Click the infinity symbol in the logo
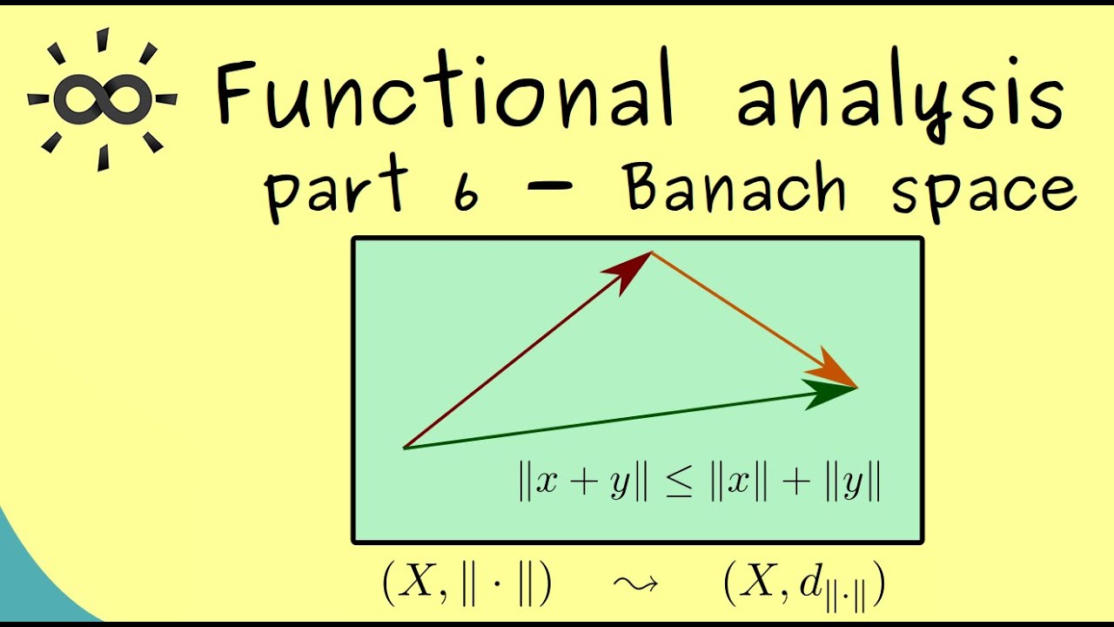pyautogui.click(x=103, y=98)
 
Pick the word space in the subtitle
pyautogui.click(x=983, y=193)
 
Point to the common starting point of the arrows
pyautogui.click(x=405, y=448)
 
